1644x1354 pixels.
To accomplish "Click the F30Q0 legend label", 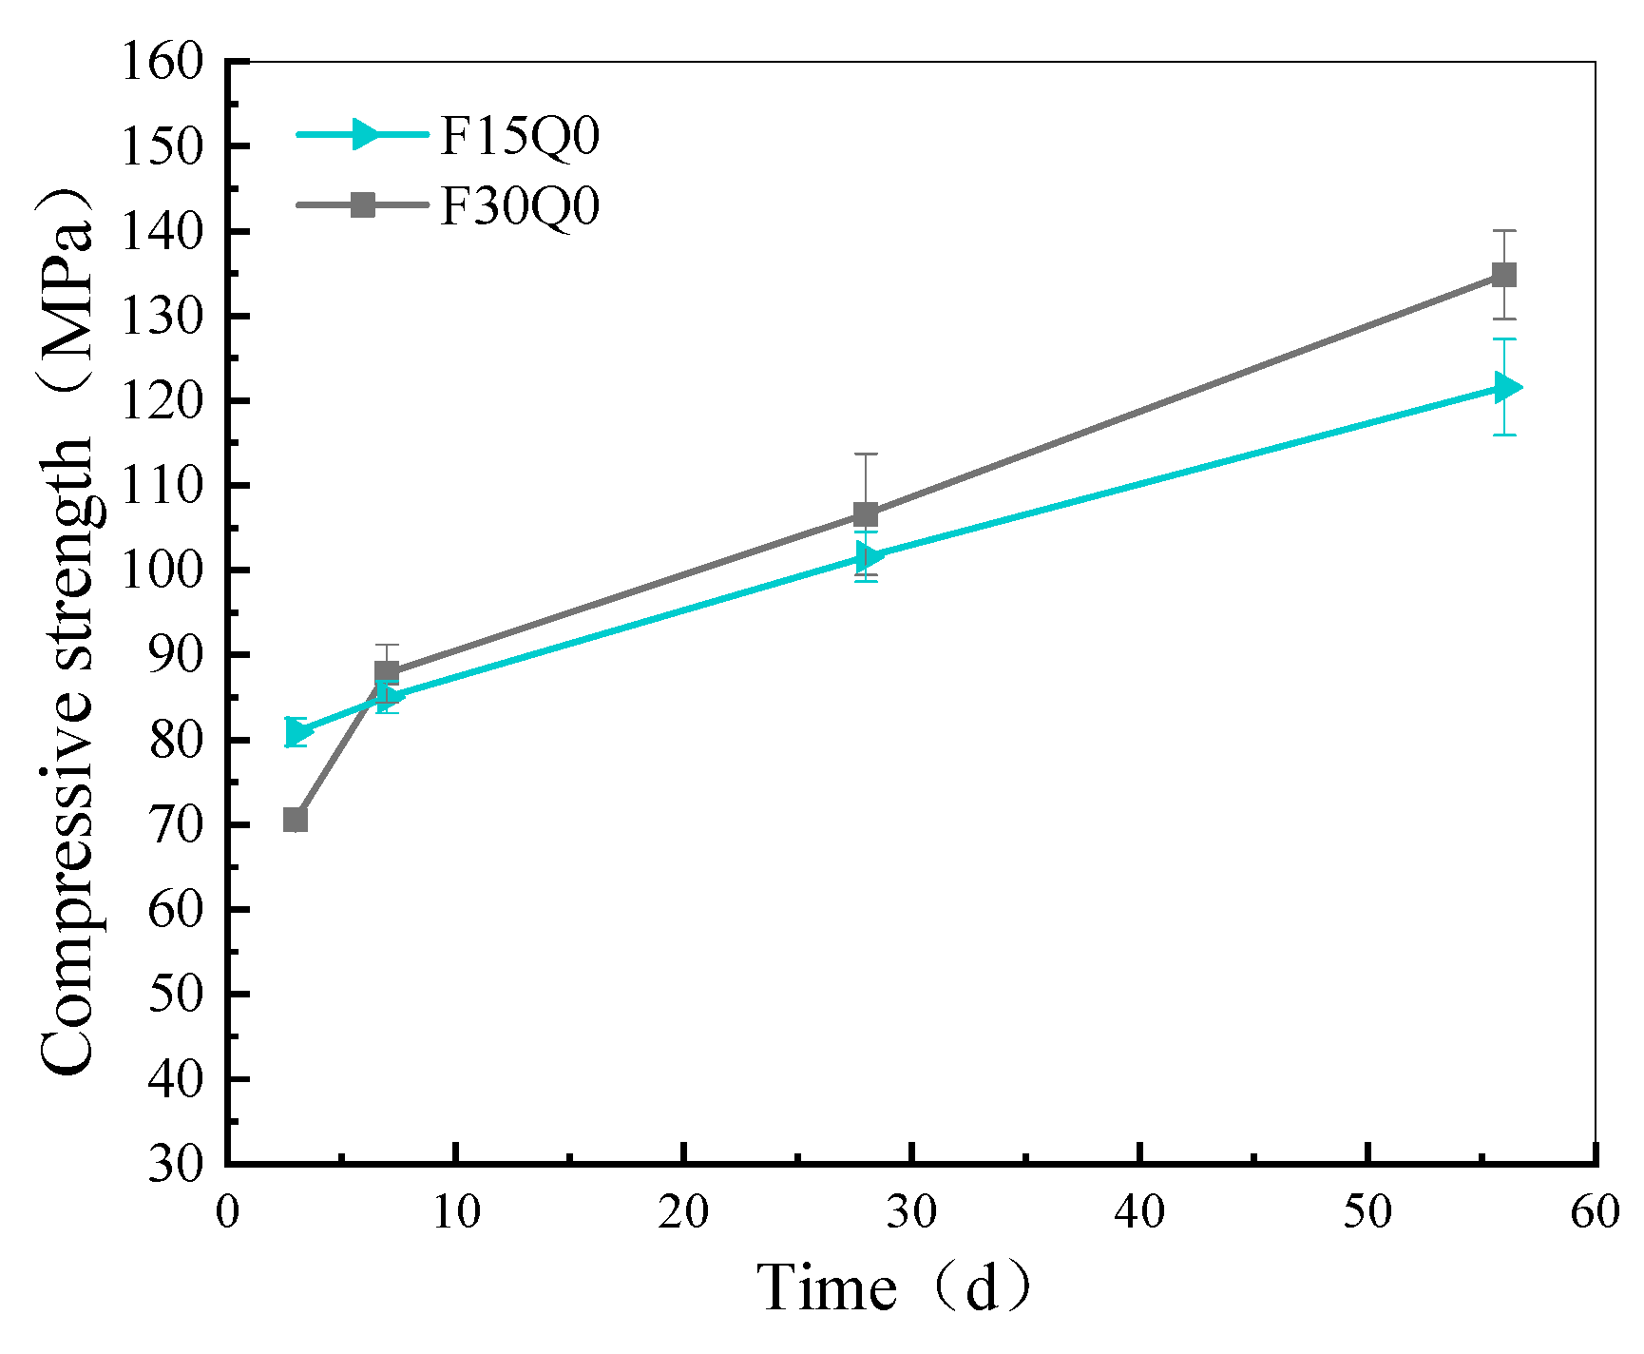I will (x=520, y=205).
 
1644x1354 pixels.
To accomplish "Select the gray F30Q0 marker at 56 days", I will (x=1503, y=275).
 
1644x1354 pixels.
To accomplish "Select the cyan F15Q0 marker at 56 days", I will (x=1505, y=387).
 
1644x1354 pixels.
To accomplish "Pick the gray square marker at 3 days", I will (x=296, y=820).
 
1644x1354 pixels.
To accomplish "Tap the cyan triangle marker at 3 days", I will (x=297, y=732).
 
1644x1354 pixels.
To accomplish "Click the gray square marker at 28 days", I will (x=866, y=514).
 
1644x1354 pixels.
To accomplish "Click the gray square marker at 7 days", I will (x=387, y=672).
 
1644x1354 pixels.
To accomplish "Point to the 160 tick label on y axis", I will (x=162, y=63).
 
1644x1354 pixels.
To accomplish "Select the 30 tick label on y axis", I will (x=176, y=1164).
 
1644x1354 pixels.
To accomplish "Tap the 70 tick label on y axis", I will (x=176, y=825).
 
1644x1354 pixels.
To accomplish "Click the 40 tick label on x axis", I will (x=1139, y=1212).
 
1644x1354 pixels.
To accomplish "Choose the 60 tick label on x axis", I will (x=1595, y=1212).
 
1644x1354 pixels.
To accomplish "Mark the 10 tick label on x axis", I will (x=456, y=1212).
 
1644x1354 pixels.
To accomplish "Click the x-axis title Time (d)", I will (x=893, y=1289).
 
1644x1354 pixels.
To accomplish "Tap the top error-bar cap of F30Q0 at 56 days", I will (x=1503, y=231).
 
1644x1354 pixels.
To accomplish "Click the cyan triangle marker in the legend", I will (x=363, y=134).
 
